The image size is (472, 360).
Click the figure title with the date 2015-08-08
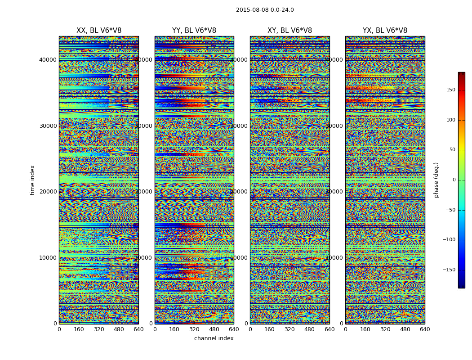pyautogui.click(x=265, y=10)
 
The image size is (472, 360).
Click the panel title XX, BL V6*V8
pyautogui.click(x=99, y=31)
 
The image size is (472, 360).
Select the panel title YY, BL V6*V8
pyautogui.click(x=194, y=31)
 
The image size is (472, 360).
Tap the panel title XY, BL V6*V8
pyautogui.click(x=289, y=31)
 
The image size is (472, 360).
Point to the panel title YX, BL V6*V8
pyautogui.click(x=385, y=31)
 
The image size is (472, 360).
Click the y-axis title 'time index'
pyautogui.click(x=32, y=180)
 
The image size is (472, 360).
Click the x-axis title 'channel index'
pyautogui.click(x=214, y=338)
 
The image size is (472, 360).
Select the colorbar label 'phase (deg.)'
pyautogui.click(x=436, y=180)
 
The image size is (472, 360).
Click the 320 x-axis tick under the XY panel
pyautogui.click(x=289, y=329)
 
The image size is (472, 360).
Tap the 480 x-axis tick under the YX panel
pyautogui.click(x=405, y=329)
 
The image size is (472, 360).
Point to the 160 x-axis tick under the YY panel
pyautogui.click(x=174, y=329)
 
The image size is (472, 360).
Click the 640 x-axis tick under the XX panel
pyautogui.click(x=138, y=329)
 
